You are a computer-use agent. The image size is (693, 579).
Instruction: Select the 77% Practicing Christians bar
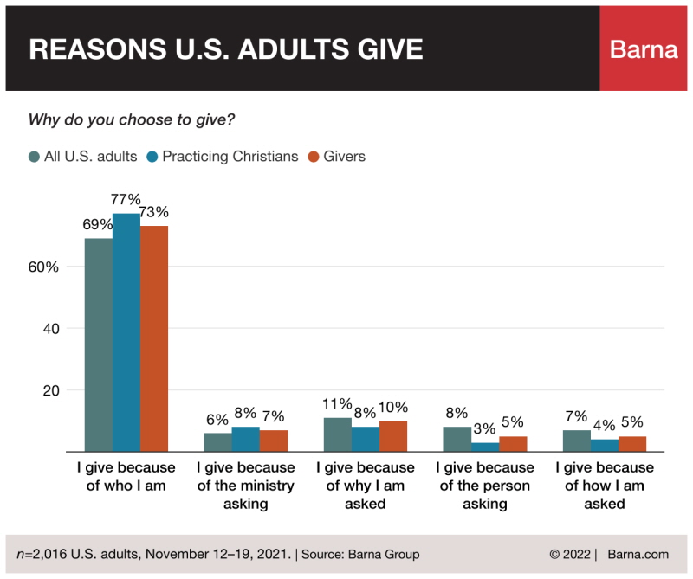(126, 332)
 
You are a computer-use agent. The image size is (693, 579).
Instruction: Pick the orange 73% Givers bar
(154, 338)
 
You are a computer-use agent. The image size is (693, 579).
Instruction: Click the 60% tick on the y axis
(42, 267)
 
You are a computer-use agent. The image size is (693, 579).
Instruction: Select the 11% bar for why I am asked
(338, 434)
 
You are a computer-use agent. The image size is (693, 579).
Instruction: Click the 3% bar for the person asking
(485, 447)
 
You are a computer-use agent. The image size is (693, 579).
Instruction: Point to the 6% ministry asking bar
(218, 442)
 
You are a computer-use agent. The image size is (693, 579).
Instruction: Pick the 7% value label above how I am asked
(576, 418)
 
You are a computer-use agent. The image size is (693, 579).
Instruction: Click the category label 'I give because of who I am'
(126, 477)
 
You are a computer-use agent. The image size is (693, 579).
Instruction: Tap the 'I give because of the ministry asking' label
(246, 486)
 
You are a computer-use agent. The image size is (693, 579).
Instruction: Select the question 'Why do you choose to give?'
(132, 119)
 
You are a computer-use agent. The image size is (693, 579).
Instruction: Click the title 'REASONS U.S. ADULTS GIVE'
(226, 49)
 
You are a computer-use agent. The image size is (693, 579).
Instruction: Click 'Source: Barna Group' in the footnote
(360, 554)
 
